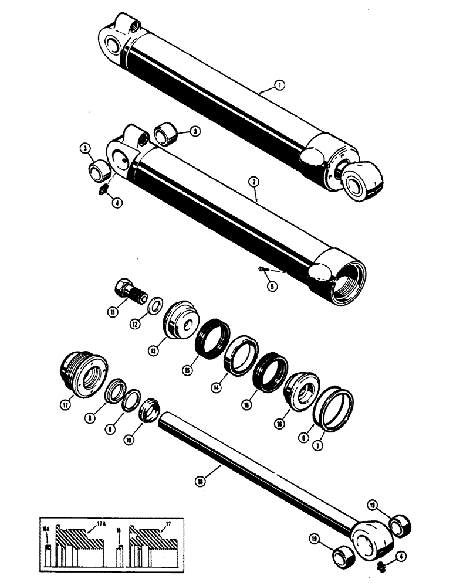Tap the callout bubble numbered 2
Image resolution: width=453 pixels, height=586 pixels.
254,182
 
